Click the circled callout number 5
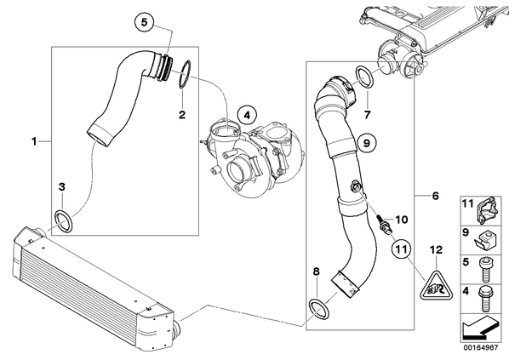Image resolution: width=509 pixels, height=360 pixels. tap(144, 22)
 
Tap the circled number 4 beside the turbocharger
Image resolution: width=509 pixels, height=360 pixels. tap(247, 115)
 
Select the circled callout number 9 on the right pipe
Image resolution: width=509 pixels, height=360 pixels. tap(367, 143)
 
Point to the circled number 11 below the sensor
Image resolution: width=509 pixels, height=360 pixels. tap(401, 249)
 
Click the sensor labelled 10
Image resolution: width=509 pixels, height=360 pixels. tap(385, 223)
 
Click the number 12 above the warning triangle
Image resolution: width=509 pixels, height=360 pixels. tap(436, 250)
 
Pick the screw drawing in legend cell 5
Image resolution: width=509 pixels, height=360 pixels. tap(484, 269)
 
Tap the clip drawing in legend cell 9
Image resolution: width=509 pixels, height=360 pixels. tap(483, 241)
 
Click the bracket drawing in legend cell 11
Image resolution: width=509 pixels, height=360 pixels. tap(487, 210)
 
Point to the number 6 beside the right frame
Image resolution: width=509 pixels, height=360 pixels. tap(435, 196)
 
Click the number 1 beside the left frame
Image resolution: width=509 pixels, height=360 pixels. tap(34, 141)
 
